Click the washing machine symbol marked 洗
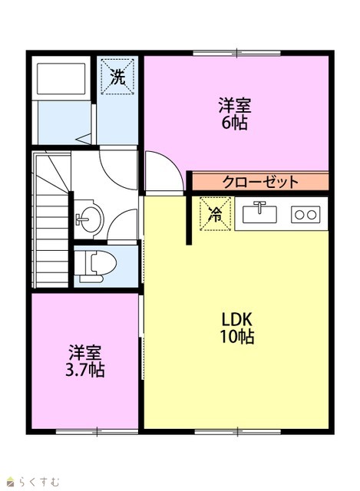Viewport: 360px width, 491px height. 118,77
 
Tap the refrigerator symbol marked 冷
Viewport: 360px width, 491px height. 216,214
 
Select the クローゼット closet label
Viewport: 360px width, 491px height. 260,182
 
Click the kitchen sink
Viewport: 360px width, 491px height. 259,213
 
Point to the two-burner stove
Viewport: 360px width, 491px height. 306,215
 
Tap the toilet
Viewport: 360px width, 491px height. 95,265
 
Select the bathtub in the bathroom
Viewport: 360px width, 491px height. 61,78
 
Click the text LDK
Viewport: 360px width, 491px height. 237,319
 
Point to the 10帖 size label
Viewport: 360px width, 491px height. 237,337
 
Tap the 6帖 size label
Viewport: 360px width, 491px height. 234,123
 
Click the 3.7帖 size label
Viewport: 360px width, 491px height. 85,371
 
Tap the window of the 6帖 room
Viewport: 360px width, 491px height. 236,53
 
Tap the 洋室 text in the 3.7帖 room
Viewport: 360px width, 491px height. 85,353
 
